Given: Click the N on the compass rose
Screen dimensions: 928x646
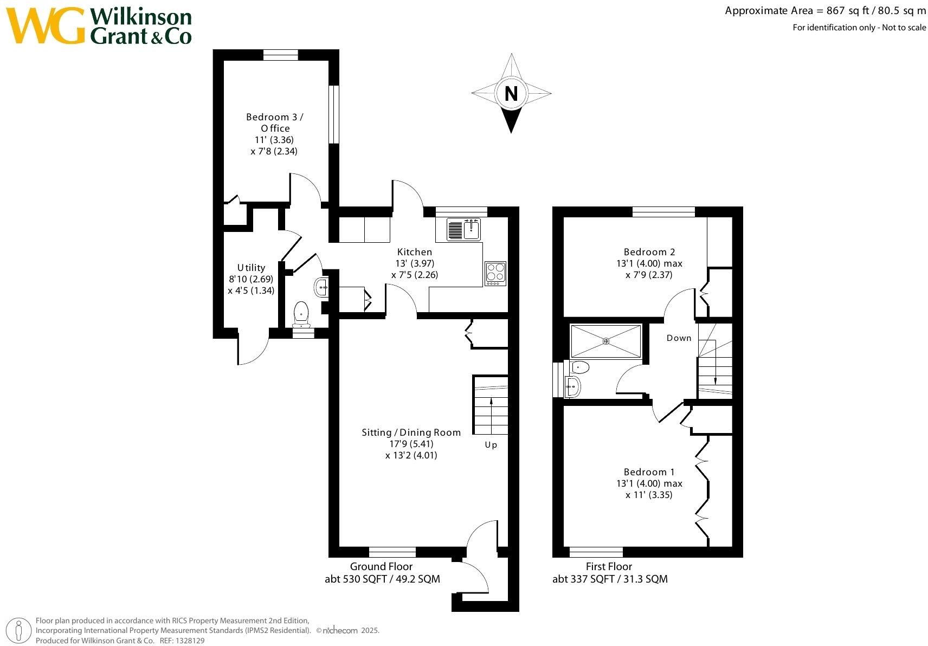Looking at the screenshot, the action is pos(511,94).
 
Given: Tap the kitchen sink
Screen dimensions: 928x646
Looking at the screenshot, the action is pos(463,230).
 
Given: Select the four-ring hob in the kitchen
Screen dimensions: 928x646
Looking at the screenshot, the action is pos(495,273).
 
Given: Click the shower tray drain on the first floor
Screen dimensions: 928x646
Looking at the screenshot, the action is pos(605,341).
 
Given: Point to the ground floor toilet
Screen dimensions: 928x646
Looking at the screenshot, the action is pos(301,315).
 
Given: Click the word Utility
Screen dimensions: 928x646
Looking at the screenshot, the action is pos(251,268).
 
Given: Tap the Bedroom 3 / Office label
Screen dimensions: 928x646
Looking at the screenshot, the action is pos(275,122).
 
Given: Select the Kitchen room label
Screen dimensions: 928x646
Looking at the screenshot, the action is pos(415,252).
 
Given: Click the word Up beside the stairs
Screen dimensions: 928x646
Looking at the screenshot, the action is pos(491,445).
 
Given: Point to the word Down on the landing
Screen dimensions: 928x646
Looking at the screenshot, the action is pos(679,338).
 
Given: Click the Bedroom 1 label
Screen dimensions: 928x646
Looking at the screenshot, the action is pos(649,472).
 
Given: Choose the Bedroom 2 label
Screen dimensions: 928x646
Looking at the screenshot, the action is pos(649,252).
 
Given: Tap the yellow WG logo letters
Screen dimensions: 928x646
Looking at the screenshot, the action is pos(46,25).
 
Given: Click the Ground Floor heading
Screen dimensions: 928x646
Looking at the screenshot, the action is pos(381,566).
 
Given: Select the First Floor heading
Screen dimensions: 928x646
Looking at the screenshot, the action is pos(609,566).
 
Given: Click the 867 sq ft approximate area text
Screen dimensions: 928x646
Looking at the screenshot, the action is pos(847,11).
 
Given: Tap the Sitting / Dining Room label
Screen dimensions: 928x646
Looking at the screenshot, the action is pos(411,432).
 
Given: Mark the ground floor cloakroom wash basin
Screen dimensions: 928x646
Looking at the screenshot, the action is pos(321,287).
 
